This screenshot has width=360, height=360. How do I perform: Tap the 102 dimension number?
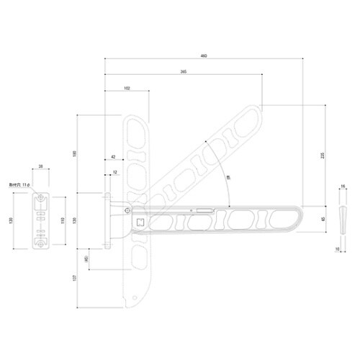[127, 88]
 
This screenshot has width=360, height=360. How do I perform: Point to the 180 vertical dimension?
[74, 153]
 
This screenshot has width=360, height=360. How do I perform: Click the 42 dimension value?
[114, 156]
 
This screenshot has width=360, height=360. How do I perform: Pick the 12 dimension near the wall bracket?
[114, 173]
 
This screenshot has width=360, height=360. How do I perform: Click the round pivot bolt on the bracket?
[127, 210]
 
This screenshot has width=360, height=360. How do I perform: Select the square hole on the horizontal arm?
[140, 222]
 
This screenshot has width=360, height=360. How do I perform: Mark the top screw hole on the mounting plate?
[42, 199]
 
